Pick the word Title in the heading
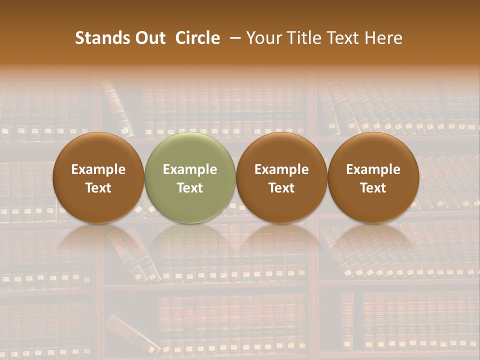[301, 38]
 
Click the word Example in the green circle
[190, 169]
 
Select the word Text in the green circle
[190, 188]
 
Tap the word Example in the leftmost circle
[98, 169]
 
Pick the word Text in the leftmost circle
[98, 188]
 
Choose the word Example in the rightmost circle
[373, 169]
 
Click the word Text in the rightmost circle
[373, 188]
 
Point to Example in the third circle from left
[281, 169]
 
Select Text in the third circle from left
[281, 188]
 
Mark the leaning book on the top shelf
[117, 107]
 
